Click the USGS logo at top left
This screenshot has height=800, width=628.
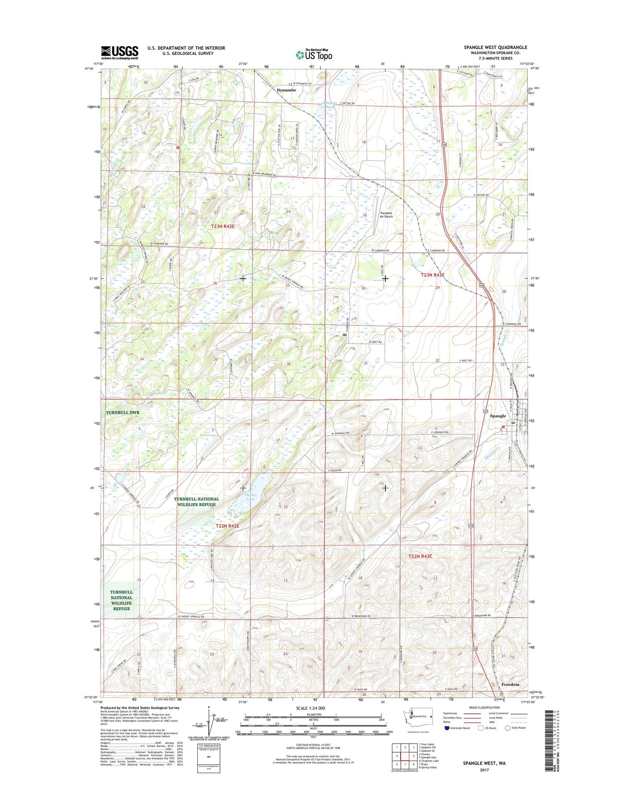[x=120, y=53]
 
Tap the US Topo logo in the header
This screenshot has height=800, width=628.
[x=314, y=55]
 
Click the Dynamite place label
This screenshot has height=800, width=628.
[x=286, y=90]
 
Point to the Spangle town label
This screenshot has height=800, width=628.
[x=498, y=416]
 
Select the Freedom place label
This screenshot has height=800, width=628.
[x=510, y=684]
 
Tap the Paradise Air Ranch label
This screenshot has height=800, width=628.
[x=386, y=215]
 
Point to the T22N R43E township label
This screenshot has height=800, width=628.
[x=420, y=556]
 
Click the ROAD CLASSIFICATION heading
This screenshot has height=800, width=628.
[x=484, y=707]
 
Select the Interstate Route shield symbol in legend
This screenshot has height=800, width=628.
[x=447, y=728]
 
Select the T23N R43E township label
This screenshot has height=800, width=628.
[x=432, y=275]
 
